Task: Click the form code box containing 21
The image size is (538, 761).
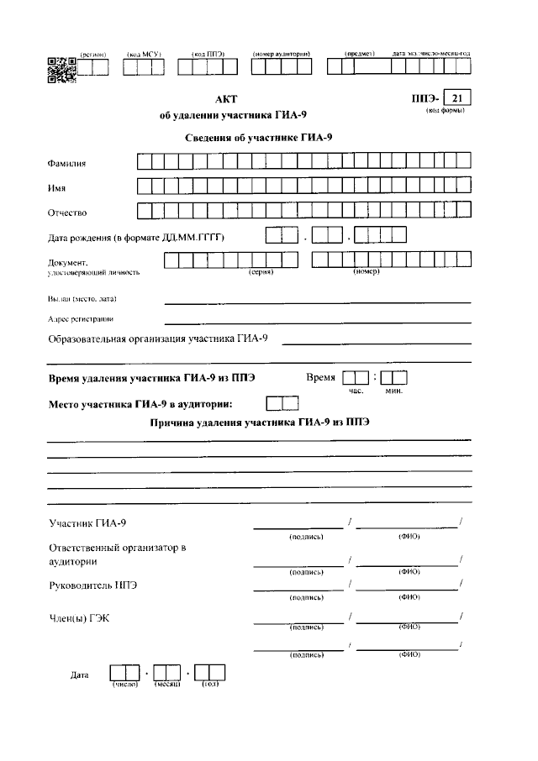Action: coord(456,99)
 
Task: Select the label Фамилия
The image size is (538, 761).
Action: coord(67,162)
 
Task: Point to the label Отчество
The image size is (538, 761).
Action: coord(67,213)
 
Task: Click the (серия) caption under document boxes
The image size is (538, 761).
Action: coord(261,272)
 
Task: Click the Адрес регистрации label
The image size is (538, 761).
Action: coord(81,319)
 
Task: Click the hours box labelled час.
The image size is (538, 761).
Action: coord(356,378)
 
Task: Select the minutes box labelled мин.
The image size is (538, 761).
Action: coord(393,378)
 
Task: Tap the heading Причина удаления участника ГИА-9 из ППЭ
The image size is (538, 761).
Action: coord(259,423)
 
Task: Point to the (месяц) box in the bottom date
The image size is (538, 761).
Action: coord(166,673)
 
